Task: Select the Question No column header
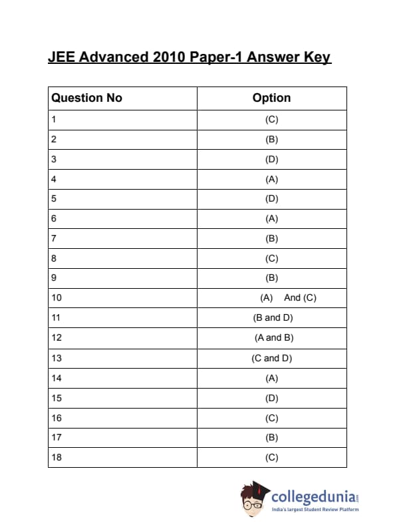pos(87,98)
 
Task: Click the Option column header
pos(271,98)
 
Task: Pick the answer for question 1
pos(271,120)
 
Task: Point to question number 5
pos(54,198)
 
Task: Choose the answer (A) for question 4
pos(271,179)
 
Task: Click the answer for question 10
pos(288,297)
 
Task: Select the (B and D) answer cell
pos(273,317)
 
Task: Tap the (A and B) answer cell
pos(273,337)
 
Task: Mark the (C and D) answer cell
pos(272,358)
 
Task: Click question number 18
pos(57,457)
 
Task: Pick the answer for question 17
pos(271,437)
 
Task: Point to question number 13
pos(57,358)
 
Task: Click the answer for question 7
pos(271,238)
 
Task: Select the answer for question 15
pos(271,398)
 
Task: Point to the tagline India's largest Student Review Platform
pos(315,510)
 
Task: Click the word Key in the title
pos(317,57)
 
